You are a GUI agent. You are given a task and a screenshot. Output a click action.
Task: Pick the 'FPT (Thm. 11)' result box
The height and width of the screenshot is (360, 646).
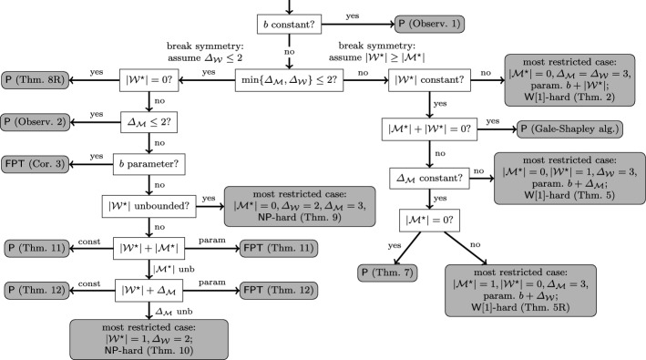point(273,246)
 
